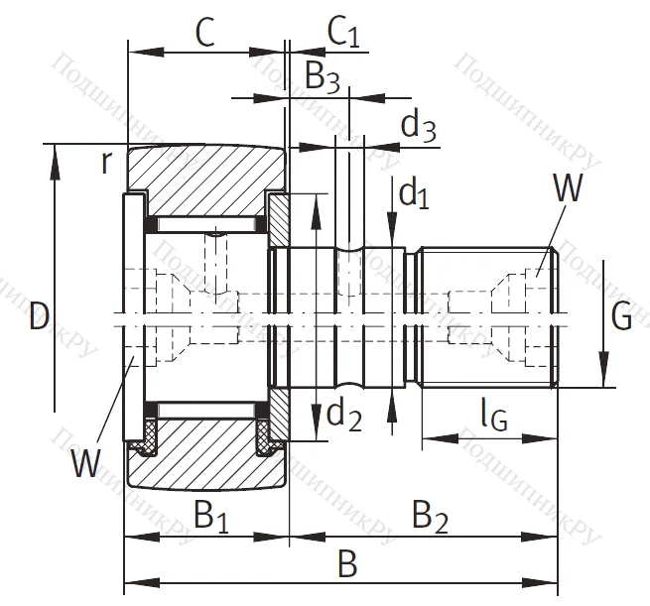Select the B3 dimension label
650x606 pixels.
322,76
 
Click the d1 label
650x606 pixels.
413,193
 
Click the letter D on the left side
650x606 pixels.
39,317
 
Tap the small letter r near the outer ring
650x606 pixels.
106,162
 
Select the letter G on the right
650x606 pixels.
621,317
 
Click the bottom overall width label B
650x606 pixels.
346,564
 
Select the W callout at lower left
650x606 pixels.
86,462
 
